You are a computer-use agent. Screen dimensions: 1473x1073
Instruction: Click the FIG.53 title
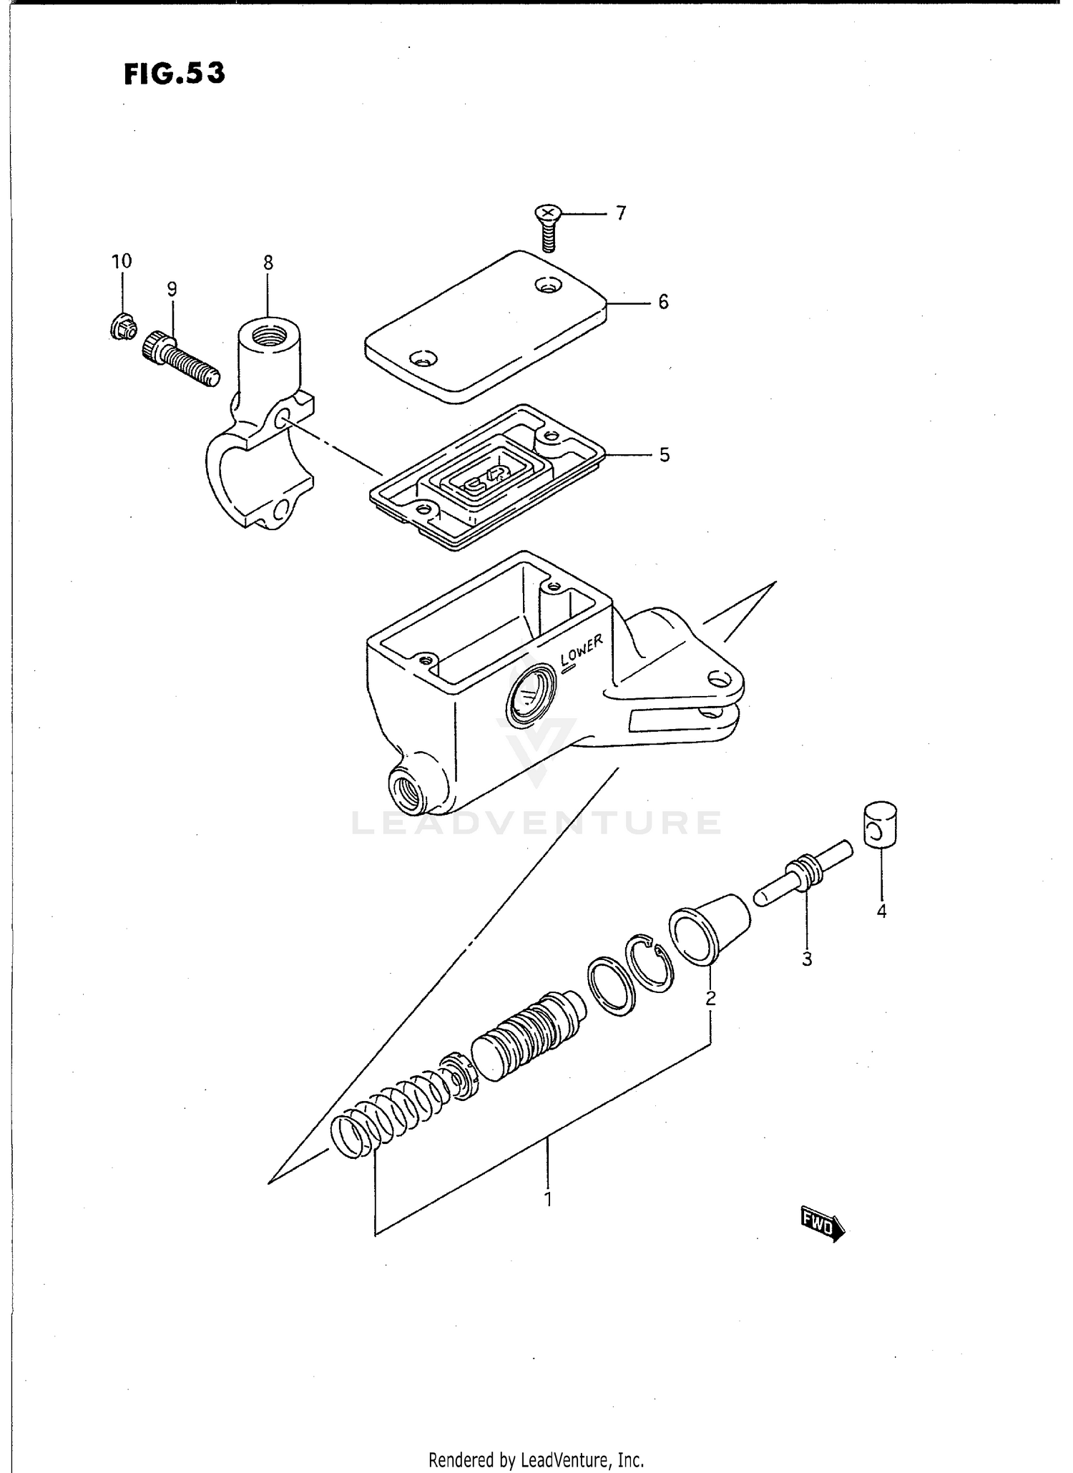click(175, 74)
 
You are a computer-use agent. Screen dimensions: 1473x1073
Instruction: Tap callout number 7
click(620, 213)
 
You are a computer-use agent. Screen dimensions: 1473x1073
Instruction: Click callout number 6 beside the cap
click(663, 303)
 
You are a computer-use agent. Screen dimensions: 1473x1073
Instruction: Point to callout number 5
click(664, 455)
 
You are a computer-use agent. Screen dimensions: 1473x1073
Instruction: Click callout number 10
click(122, 261)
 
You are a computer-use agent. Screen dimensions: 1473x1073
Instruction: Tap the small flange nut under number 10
click(120, 328)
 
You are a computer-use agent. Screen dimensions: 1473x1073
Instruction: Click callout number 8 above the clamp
click(268, 263)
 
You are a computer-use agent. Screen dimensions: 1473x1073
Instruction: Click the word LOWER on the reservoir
click(582, 650)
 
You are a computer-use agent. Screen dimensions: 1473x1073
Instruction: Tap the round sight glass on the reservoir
click(529, 694)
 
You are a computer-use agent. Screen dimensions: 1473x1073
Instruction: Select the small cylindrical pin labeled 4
click(881, 825)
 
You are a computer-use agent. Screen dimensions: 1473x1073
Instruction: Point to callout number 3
click(807, 959)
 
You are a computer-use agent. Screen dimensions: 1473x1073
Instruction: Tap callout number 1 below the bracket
click(548, 1198)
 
